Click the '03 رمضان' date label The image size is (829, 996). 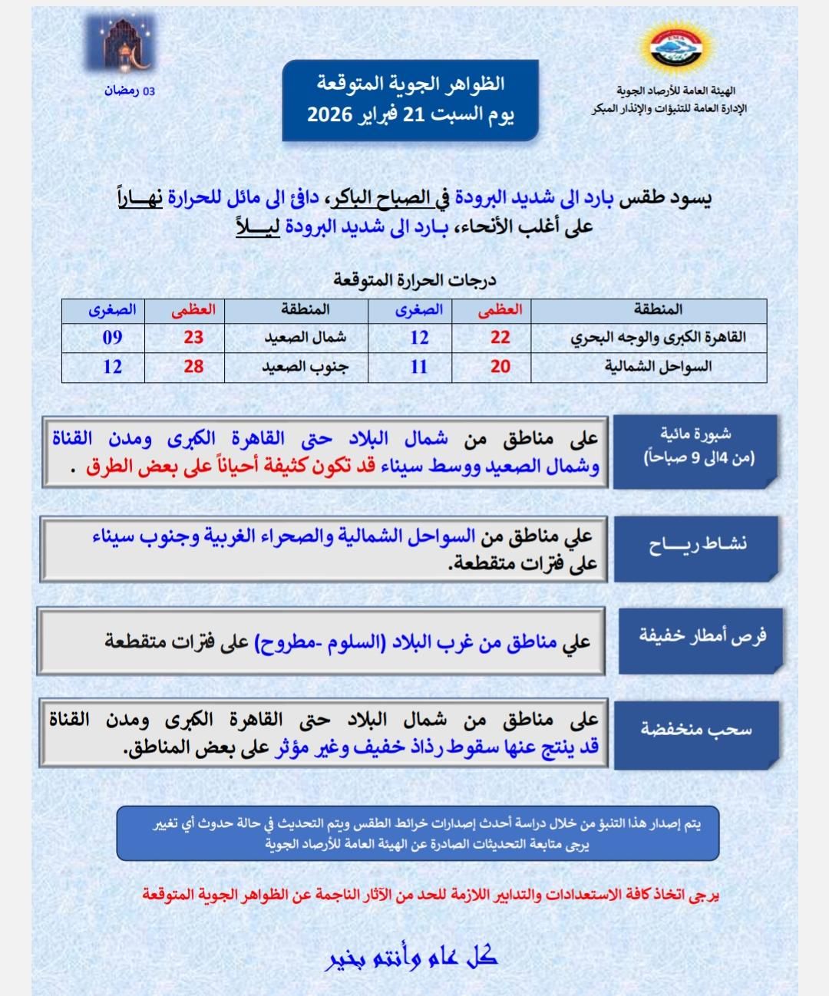tap(130, 91)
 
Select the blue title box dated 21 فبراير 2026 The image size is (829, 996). tap(411, 100)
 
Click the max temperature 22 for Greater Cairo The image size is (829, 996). tap(500, 338)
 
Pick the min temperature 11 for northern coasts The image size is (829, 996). tap(418, 367)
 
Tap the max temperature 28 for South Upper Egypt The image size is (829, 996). tap(193, 367)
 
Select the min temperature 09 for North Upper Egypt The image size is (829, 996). tap(112, 338)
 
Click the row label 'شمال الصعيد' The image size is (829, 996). tap(305, 338)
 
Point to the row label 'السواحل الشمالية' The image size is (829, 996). tap(658, 367)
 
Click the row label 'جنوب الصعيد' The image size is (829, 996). tap(305, 367)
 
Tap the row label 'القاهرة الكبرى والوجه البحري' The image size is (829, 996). tap(658, 338)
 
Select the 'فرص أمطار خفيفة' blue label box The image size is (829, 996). tap(702, 636)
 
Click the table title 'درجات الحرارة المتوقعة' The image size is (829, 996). tap(414, 280)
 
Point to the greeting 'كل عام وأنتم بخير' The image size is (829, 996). tap(413, 957)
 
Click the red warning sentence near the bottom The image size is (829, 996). tap(430, 895)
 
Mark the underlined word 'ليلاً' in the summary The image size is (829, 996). tap(258, 227)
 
